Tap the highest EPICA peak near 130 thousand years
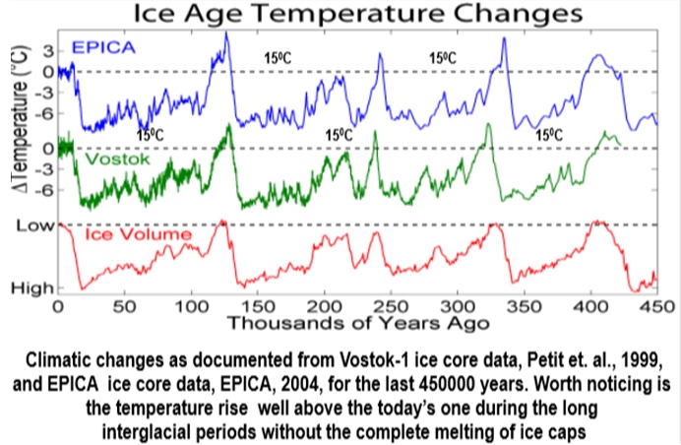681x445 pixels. [x=226, y=33]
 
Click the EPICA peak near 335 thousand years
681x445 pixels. [x=504, y=39]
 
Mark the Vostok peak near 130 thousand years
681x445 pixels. [x=228, y=125]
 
